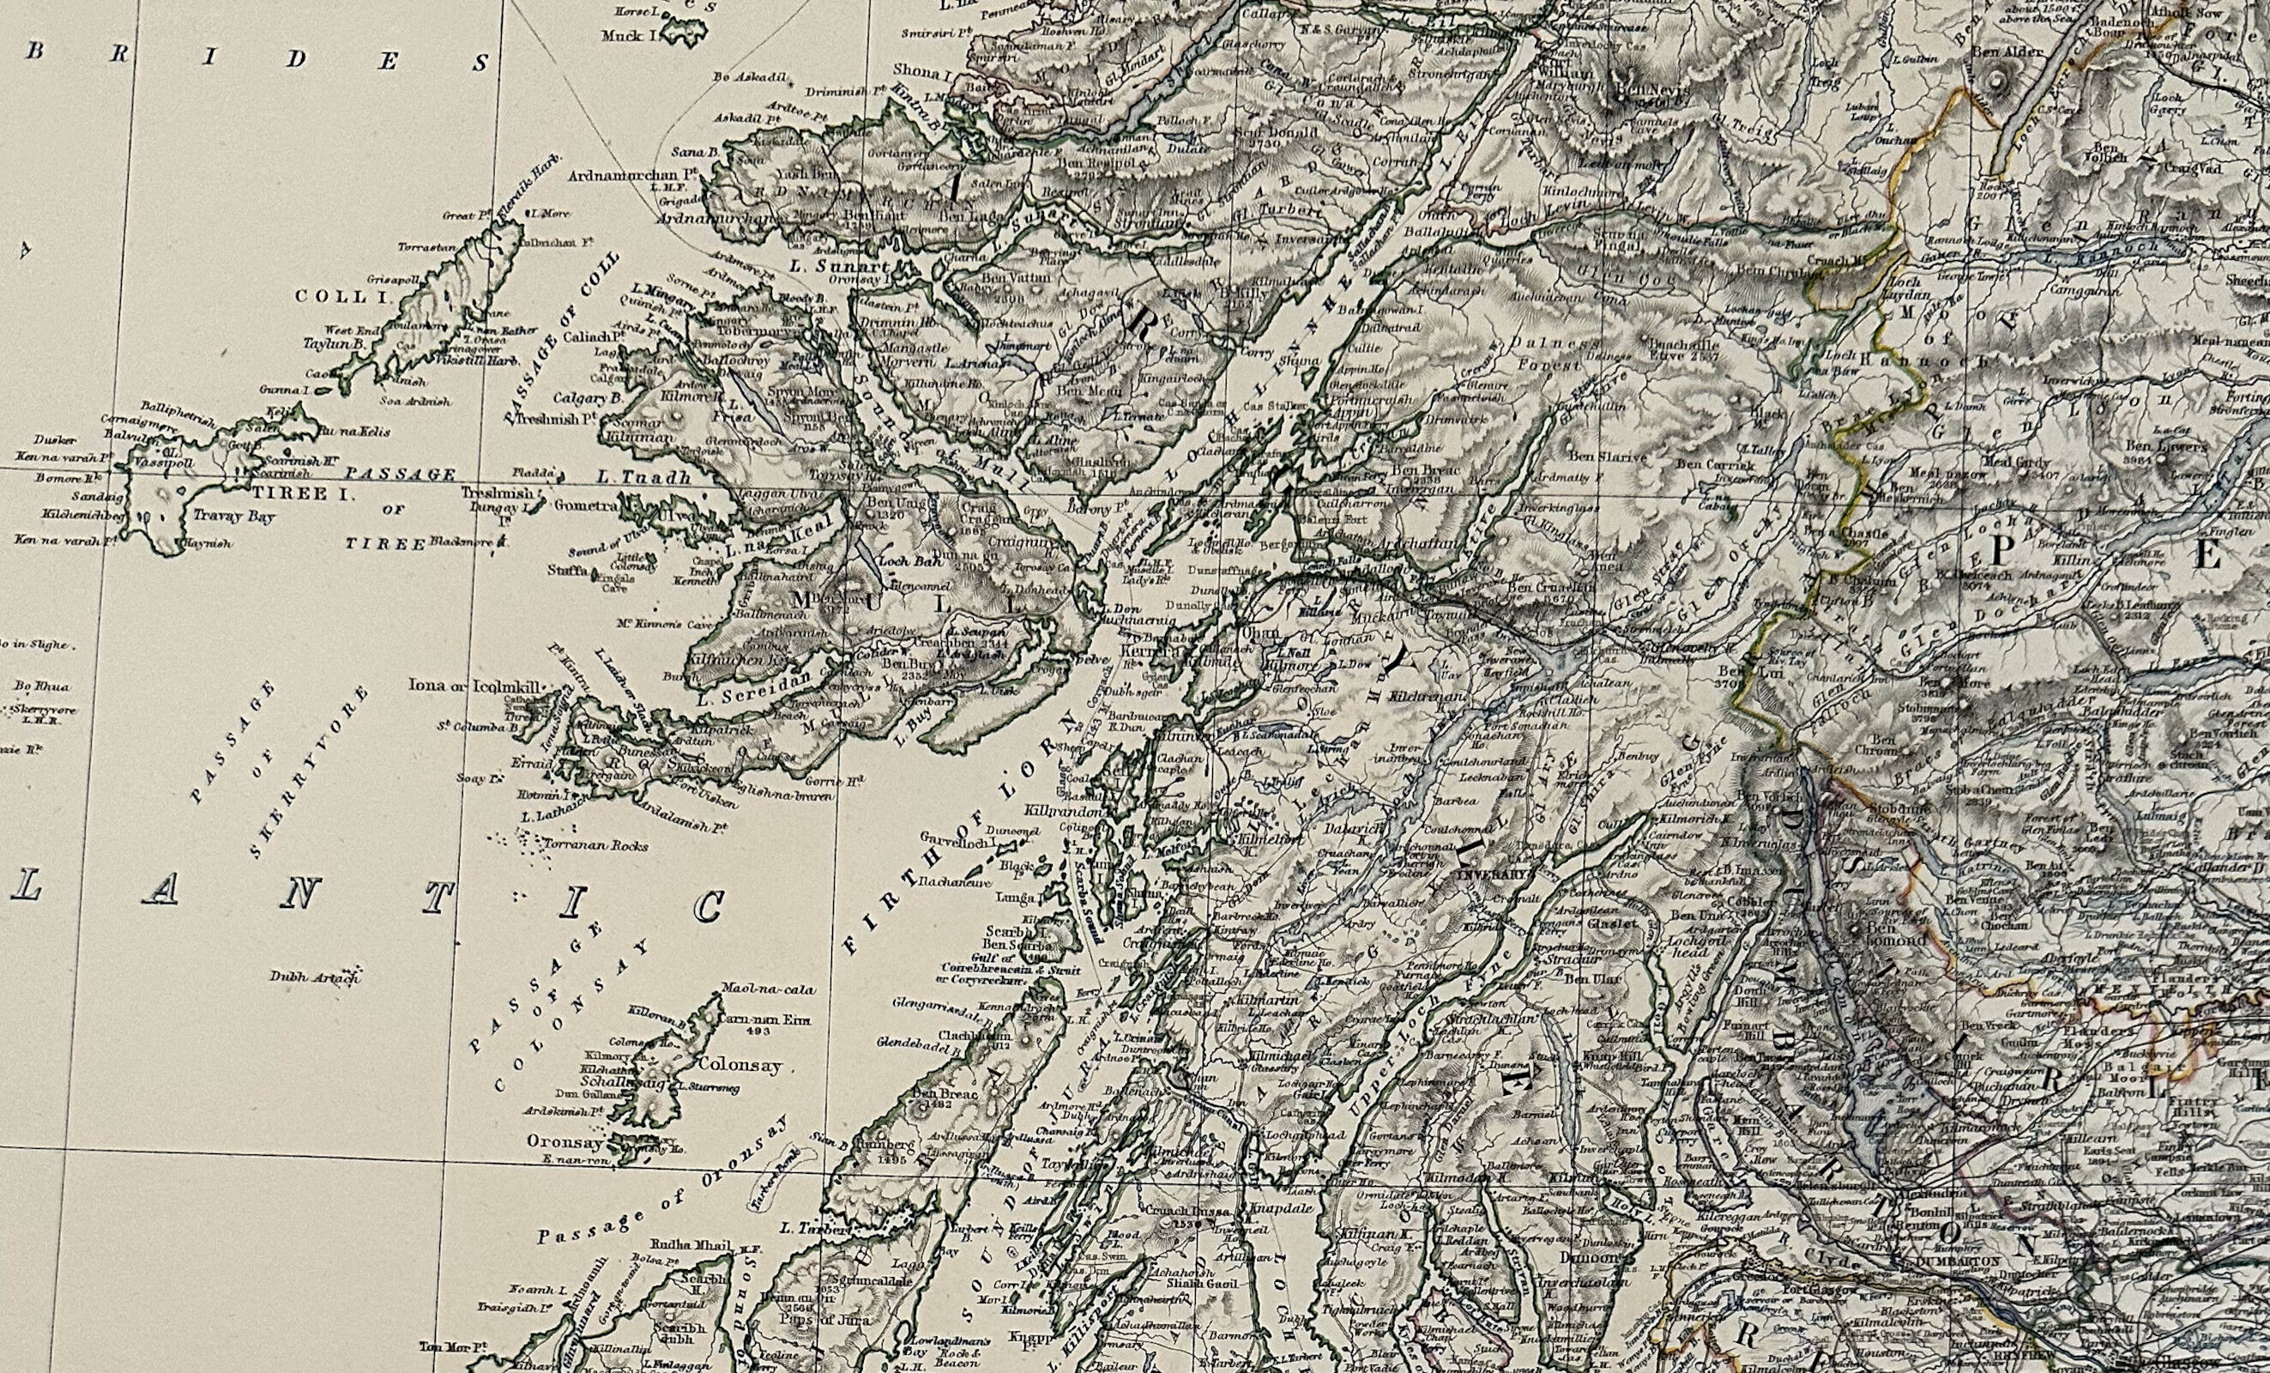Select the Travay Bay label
232,517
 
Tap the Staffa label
570,572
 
